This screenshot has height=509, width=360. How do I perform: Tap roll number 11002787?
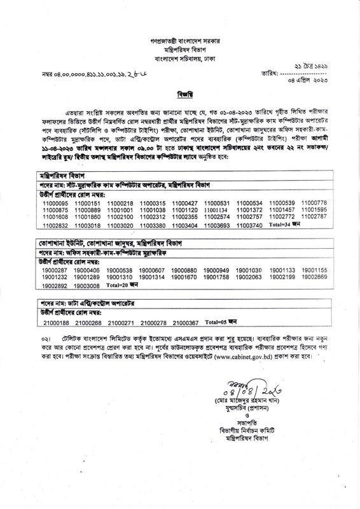(x=314, y=217)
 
